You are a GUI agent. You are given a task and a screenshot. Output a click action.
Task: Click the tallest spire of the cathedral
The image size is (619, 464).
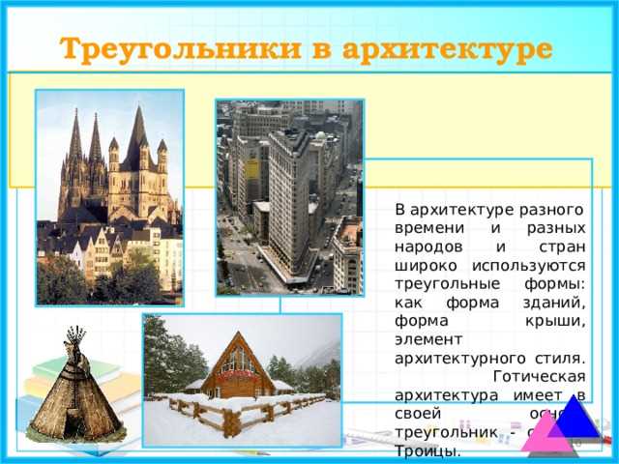[135, 135]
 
